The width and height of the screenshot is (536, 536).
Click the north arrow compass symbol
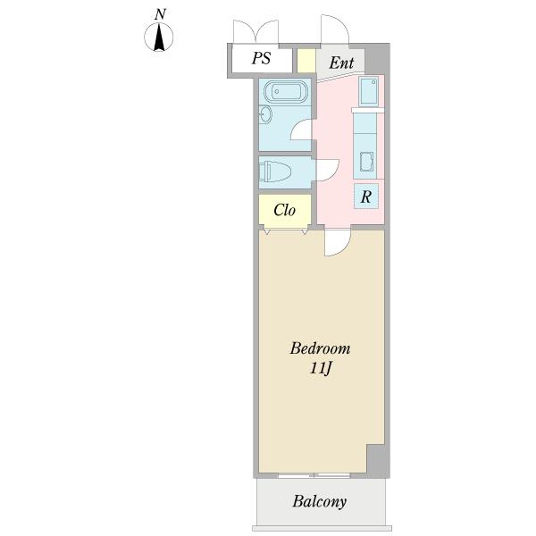tap(159, 38)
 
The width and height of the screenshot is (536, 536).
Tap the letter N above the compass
tap(159, 14)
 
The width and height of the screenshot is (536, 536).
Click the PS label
tap(260, 60)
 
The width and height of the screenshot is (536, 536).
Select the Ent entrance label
tap(340, 63)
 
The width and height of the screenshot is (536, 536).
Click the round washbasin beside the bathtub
tap(265, 114)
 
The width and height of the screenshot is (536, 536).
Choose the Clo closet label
tap(284, 211)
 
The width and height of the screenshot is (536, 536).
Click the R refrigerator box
tap(366, 197)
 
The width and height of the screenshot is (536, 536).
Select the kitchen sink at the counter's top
tap(368, 91)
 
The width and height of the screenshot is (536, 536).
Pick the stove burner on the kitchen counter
tap(367, 162)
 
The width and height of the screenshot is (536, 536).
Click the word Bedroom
tap(320, 348)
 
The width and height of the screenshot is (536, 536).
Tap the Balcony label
tap(319, 501)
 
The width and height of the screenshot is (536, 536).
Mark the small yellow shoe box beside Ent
tap(306, 62)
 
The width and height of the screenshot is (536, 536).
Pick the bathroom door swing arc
tap(305, 130)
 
